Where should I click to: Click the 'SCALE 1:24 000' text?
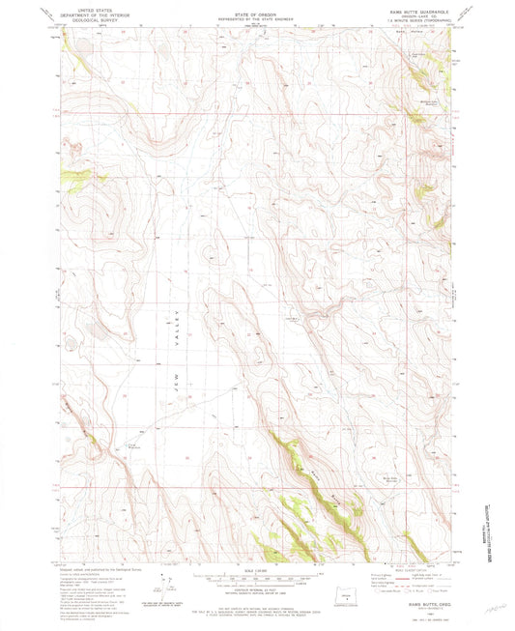257,571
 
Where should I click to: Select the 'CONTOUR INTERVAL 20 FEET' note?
257,586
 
